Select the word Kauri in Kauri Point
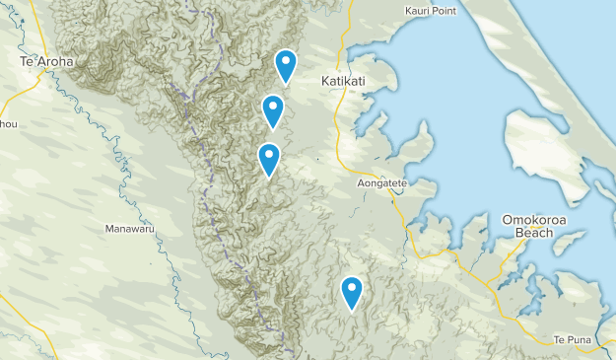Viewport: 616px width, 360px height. click(419, 11)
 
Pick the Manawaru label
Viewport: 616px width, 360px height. click(128, 229)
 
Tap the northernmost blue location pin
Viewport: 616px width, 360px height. click(286, 66)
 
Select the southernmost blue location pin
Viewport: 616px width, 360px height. click(352, 293)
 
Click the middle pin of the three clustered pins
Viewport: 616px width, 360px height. click(273, 111)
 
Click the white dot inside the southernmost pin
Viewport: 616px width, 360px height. click(352, 288)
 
